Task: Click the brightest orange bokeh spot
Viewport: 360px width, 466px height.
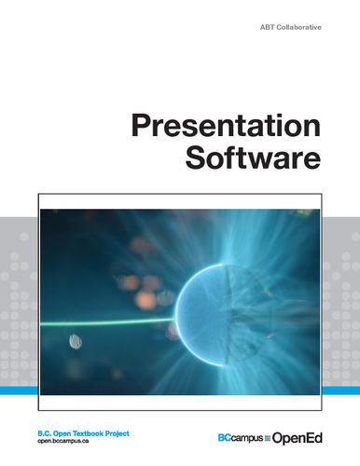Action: pyautogui.click(x=145, y=300)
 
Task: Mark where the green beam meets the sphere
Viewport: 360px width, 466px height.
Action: pyautogui.click(x=179, y=320)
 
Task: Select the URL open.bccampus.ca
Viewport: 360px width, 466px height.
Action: pyautogui.click(x=68, y=442)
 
